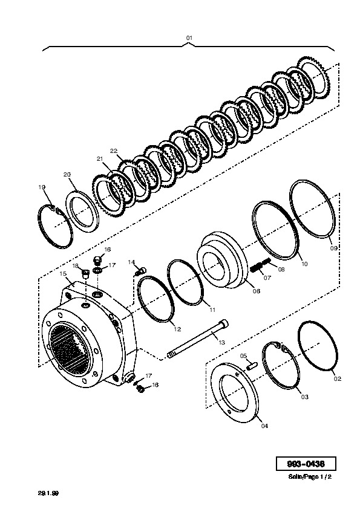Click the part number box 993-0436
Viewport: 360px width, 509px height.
(x=306, y=464)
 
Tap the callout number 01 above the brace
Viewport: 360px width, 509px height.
(x=189, y=37)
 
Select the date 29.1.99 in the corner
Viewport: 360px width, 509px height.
(x=48, y=493)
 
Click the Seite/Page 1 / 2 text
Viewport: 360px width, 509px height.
(x=310, y=477)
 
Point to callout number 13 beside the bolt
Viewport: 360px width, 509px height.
(x=221, y=343)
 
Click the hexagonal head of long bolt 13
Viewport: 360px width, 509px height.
(x=224, y=323)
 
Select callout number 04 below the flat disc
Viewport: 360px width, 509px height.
(x=265, y=426)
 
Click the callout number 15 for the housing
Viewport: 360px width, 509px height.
(x=63, y=274)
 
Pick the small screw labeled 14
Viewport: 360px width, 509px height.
(x=142, y=271)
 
